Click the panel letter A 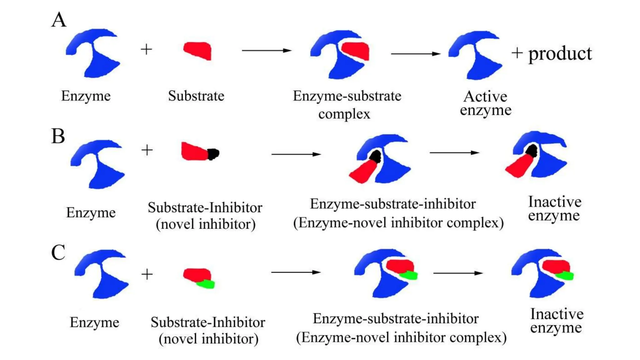point(59,20)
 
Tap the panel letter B point(58,136)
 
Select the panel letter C point(58,252)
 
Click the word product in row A point(560,54)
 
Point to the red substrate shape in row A point(198,50)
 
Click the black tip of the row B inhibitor point(213,154)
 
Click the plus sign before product point(517,53)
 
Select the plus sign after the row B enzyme point(147,150)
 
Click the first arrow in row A point(266,50)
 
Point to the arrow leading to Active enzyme point(416,54)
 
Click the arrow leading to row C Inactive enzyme point(458,273)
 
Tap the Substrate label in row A point(196,96)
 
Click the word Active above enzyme point(485,96)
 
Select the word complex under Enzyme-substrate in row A point(344,114)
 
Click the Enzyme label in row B point(91,213)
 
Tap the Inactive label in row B point(554,202)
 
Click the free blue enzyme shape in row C point(103,275)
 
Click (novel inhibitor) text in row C point(208,339)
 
